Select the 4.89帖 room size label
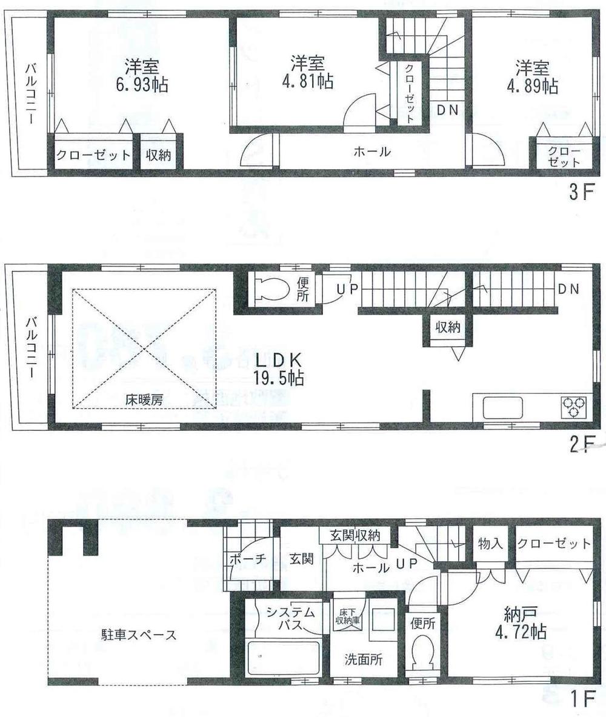532,86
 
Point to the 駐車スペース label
139,635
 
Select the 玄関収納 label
355,535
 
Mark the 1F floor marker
582,698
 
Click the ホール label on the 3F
371,152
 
